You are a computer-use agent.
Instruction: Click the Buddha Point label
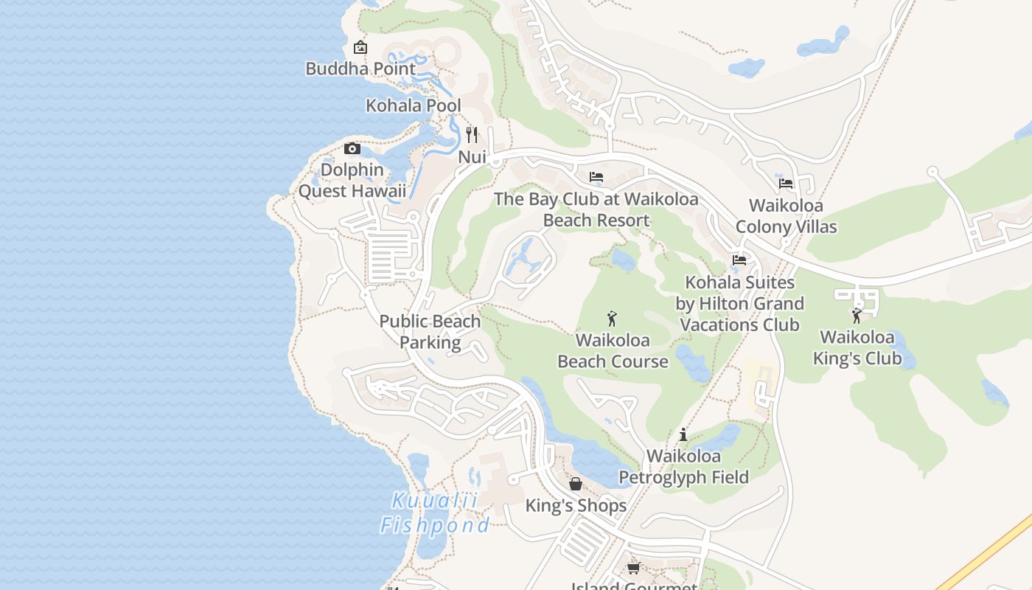(360, 69)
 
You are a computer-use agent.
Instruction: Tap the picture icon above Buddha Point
(360, 47)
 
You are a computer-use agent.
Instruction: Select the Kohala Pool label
(413, 105)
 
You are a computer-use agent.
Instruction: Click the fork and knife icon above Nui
(472, 135)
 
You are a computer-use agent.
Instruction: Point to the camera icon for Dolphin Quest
(352, 148)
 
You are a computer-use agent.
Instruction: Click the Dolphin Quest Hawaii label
(352, 181)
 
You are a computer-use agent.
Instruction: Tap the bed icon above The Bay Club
(596, 177)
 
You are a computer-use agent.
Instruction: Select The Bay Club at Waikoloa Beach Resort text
(596, 209)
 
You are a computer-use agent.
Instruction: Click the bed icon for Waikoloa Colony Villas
(786, 184)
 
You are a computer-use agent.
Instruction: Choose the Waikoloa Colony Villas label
(786, 216)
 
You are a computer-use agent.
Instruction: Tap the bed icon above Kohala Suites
(739, 260)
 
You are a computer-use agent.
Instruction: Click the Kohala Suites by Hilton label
(739, 303)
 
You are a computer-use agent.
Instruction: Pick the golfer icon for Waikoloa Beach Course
(612, 319)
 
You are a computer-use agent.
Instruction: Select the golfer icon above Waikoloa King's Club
(857, 316)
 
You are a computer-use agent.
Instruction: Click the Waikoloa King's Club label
(857, 348)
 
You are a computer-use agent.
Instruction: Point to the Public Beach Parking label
(430, 332)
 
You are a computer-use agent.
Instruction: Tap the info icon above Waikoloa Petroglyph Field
(683, 434)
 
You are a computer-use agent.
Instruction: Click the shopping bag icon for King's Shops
(576, 484)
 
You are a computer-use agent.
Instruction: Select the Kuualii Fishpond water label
(434, 513)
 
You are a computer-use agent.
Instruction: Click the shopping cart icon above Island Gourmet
(633, 568)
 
